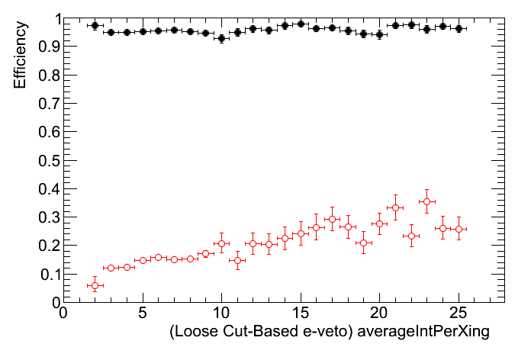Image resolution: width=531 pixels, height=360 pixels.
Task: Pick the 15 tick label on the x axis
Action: pos(301,313)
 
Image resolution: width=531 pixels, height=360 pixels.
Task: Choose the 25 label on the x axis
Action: pos(459,313)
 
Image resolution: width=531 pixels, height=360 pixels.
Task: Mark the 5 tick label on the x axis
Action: pos(143,313)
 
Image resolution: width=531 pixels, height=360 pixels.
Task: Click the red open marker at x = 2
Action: pos(95,286)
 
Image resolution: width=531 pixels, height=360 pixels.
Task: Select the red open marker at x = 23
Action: pos(426,201)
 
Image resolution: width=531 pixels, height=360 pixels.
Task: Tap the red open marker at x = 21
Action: pos(395,207)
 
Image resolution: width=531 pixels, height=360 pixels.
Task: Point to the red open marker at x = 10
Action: pos(221,244)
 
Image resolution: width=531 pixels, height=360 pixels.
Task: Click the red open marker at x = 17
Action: pos(332,220)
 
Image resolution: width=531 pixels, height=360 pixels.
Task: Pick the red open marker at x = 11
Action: pos(237,260)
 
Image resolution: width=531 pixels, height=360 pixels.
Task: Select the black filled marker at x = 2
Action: pos(95,25)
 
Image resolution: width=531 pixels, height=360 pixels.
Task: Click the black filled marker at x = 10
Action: pos(221,38)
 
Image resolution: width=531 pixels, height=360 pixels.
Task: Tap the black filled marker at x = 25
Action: pos(459,28)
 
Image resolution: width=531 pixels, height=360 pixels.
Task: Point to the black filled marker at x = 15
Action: pos(301,24)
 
